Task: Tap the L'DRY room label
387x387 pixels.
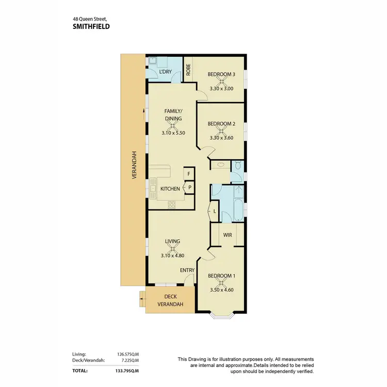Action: tap(165, 71)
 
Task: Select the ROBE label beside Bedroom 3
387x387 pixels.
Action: tap(188, 70)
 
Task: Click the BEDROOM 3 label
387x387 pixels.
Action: tap(221, 74)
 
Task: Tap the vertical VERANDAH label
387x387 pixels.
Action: tap(134, 165)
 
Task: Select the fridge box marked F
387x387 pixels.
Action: tap(189, 174)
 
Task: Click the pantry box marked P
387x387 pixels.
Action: tap(189, 187)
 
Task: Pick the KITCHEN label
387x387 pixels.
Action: tap(170, 189)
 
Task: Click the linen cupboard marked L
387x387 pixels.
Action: tap(215, 212)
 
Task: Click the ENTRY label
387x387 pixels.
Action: tap(187, 270)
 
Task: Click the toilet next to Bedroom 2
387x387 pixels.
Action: tap(238, 166)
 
